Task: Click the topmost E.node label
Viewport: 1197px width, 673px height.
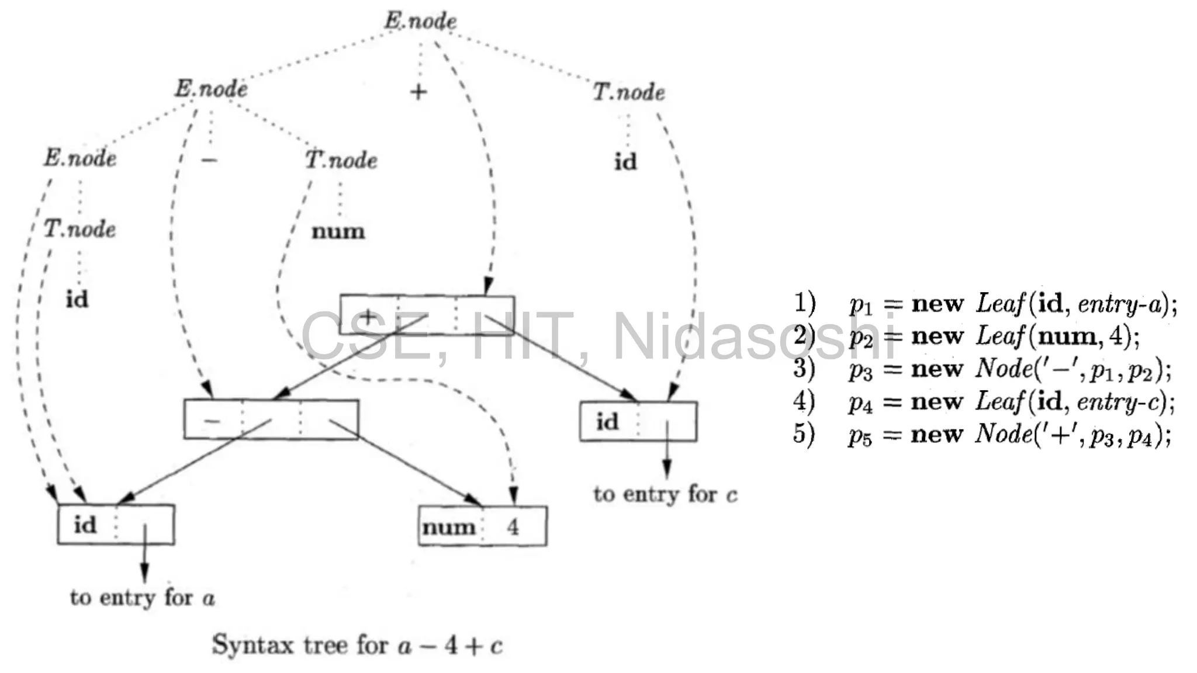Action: [420, 21]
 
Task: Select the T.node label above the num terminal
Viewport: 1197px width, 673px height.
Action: [341, 160]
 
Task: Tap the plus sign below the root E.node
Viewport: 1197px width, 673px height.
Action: [418, 92]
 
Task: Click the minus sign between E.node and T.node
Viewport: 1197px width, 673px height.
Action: [209, 159]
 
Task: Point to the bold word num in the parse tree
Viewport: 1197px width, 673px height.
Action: [338, 231]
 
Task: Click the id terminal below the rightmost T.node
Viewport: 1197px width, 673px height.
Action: [625, 162]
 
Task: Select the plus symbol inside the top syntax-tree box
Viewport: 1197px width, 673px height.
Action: [368, 317]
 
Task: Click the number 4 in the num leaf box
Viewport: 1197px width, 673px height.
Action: [513, 527]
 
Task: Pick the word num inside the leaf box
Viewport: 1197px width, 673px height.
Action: [449, 527]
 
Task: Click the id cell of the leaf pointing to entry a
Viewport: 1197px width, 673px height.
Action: [85, 525]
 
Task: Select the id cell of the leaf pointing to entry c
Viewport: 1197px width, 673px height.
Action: [607, 421]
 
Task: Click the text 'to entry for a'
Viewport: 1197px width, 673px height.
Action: [143, 598]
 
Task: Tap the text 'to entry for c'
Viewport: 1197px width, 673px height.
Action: [665, 494]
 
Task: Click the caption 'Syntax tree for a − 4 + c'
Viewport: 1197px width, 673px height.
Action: [357, 645]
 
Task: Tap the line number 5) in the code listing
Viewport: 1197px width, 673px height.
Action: [804, 434]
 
